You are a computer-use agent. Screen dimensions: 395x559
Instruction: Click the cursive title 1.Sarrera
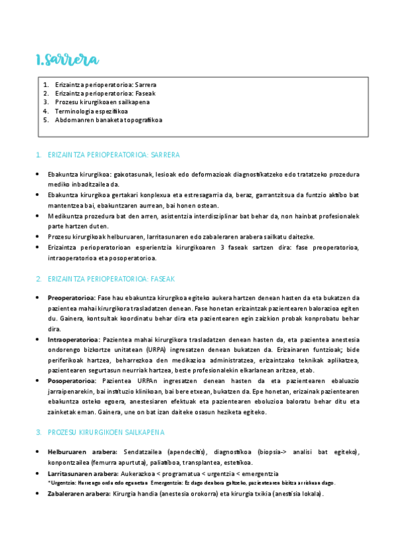click(67, 60)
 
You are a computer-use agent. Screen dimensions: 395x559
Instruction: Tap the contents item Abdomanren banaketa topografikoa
click(109, 120)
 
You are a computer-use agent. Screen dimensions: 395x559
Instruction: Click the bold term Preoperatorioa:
click(72, 298)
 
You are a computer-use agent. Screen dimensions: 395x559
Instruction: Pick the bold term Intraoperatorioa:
click(73, 339)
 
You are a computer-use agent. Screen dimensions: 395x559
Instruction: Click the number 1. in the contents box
click(46, 85)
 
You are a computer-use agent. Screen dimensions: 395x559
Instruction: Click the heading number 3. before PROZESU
click(39, 432)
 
